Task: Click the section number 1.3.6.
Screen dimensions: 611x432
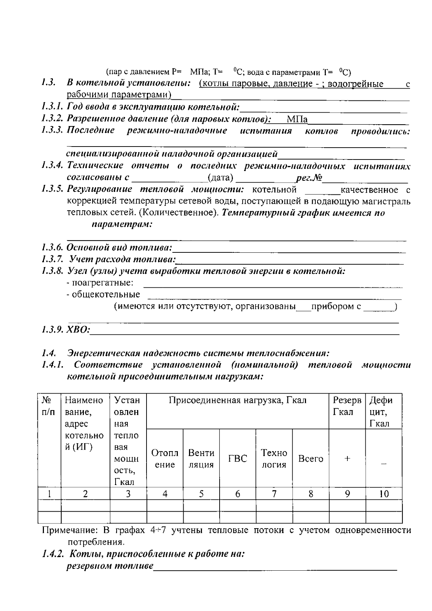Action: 53,248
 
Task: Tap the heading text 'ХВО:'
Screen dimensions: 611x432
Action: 78,329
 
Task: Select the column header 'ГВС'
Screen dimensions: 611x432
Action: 238,459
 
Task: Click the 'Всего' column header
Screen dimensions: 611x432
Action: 311,459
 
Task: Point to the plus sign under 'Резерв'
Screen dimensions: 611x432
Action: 347,459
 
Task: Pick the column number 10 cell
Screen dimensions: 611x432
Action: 384,494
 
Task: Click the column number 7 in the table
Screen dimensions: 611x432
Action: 274,494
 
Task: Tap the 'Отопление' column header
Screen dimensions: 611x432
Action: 165,458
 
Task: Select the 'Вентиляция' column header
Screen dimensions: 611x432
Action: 201,458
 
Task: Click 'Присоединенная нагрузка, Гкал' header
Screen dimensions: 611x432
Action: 238,400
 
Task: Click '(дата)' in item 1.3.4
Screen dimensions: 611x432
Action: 221,178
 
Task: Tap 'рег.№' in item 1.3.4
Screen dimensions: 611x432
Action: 309,178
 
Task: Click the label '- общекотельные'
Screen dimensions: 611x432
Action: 103,295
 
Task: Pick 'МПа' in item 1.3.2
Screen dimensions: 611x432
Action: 297,120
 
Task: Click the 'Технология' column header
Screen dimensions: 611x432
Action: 274,458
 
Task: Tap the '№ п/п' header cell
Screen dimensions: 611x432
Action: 49,406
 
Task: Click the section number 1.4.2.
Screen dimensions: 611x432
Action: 53,554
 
